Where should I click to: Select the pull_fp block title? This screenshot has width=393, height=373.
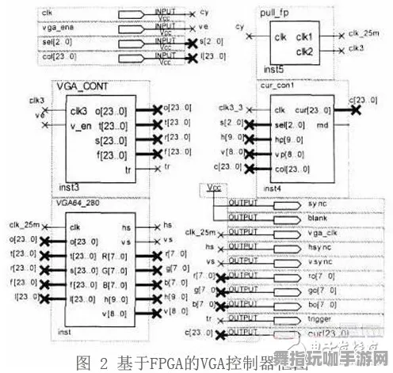pos(279,13)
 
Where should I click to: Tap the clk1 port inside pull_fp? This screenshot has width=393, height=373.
pos(305,37)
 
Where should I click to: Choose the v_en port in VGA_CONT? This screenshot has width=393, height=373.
pos(82,125)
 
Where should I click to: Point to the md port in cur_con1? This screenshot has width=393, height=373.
pos(322,124)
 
